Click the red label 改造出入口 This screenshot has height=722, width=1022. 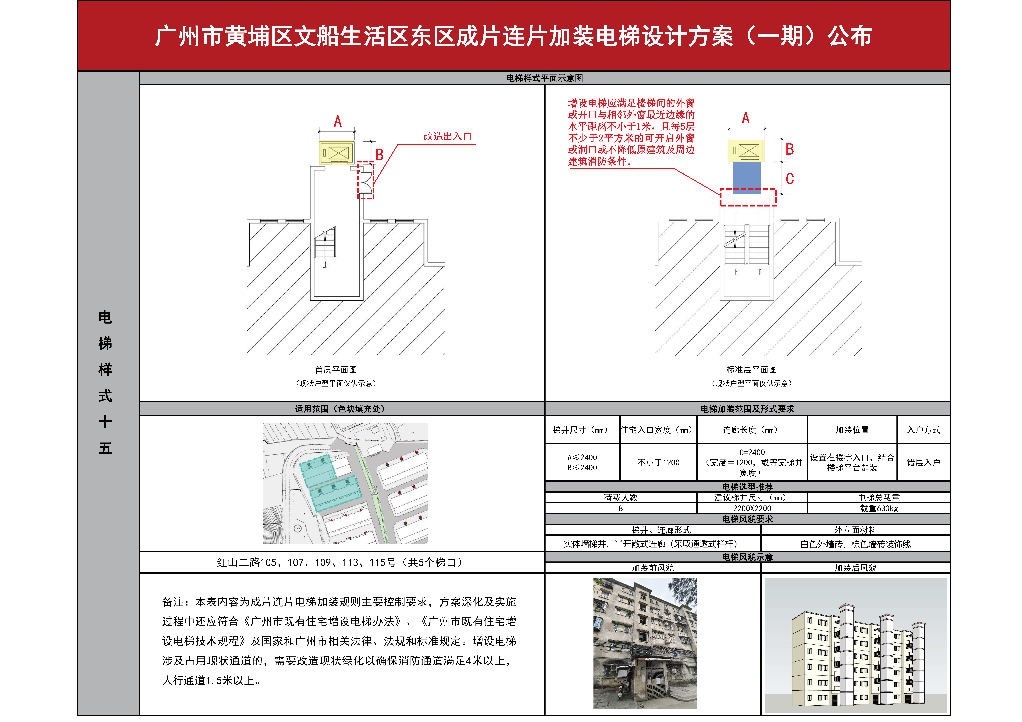(447, 137)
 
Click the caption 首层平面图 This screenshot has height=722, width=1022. (336, 370)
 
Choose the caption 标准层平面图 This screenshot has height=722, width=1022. (751, 370)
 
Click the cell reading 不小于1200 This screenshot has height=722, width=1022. (658, 463)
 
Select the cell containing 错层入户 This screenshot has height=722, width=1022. (924, 463)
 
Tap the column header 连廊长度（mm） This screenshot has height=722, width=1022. (752, 430)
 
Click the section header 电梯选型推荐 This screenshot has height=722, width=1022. (747, 487)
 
